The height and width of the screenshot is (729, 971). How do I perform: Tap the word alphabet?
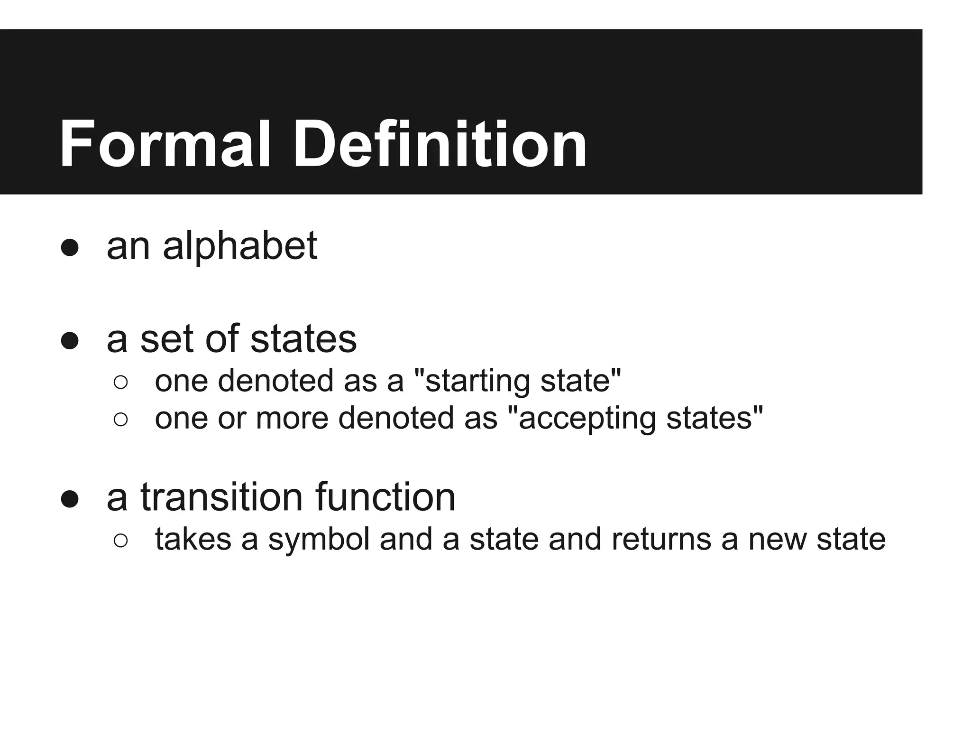pos(240,246)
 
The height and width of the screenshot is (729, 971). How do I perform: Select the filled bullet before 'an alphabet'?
pos(70,248)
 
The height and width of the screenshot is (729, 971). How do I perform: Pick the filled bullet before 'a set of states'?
pos(70,341)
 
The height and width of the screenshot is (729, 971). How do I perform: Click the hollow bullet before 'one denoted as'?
pos(121,382)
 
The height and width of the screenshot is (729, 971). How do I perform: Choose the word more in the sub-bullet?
pos(292,418)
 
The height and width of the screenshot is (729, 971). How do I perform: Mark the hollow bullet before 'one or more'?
pos(121,419)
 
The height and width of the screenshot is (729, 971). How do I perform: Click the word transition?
pos(221,497)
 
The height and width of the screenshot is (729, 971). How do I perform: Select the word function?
pos(385,497)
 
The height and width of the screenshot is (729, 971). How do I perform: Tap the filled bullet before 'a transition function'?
pos(70,499)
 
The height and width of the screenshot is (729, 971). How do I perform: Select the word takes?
pos(193,540)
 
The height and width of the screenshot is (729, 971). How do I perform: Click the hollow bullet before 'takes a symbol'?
pos(121,541)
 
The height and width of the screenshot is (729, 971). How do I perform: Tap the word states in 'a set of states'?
pos(303,339)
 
